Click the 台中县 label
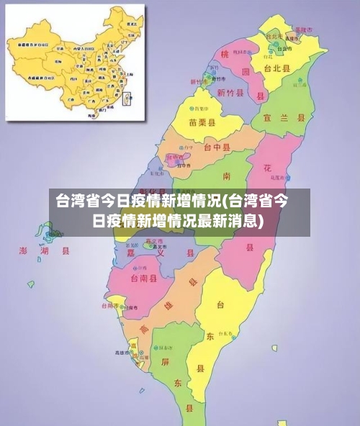point(217,148)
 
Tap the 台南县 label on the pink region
point(143,278)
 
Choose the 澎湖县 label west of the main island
point(44,251)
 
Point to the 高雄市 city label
point(120,353)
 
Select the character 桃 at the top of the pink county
point(225,55)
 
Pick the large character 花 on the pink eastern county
point(267,168)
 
